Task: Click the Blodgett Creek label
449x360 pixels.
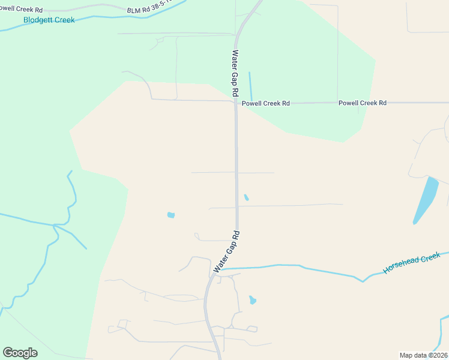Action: pyautogui.click(x=49, y=20)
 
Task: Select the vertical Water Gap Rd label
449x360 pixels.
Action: pyautogui.click(x=235, y=73)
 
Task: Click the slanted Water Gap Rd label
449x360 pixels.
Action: pyautogui.click(x=226, y=252)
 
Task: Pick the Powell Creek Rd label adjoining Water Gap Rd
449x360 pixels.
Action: pyautogui.click(x=265, y=103)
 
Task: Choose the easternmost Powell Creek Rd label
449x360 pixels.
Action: pyautogui.click(x=362, y=103)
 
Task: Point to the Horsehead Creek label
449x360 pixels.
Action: pyautogui.click(x=412, y=263)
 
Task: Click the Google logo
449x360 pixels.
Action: pyautogui.click(x=20, y=353)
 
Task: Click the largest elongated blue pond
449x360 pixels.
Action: pyautogui.click(x=426, y=199)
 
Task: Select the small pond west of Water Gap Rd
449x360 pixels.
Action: pyautogui.click(x=171, y=215)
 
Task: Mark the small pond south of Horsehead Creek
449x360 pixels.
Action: pyautogui.click(x=253, y=299)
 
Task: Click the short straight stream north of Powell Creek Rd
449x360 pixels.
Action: pyautogui.click(x=250, y=86)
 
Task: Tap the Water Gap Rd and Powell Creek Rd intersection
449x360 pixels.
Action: pyautogui.click(x=236, y=103)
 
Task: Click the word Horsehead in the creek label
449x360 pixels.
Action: pyautogui.click(x=402, y=266)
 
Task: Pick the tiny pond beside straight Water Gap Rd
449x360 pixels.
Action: pyautogui.click(x=246, y=197)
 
